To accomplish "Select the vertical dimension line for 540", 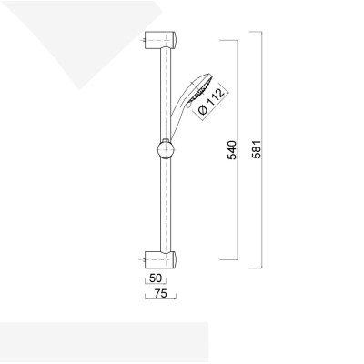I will (x=238, y=209).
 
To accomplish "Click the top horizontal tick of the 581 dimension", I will (x=255, y=33).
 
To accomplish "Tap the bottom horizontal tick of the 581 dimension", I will (x=255, y=270).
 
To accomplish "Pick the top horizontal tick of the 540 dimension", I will (x=230, y=42).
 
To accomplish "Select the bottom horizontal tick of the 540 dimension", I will (x=230, y=260).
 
